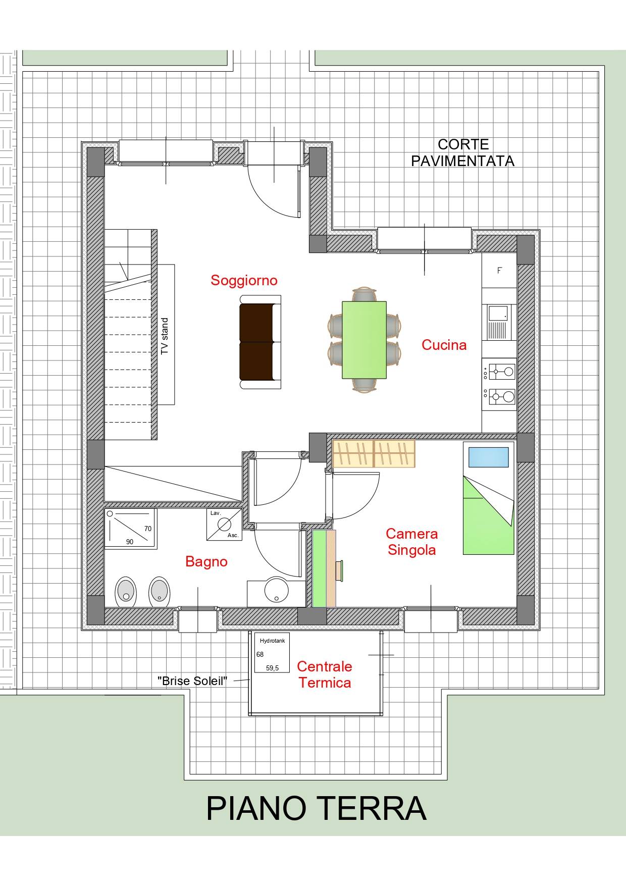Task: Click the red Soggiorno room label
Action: point(244,280)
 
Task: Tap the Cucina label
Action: point(444,345)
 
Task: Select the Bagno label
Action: point(206,561)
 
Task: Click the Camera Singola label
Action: point(411,542)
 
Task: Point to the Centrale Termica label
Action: point(324,674)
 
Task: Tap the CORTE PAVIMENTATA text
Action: point(462,152)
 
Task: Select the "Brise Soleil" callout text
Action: point(192,681)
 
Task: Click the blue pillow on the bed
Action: point(488,457)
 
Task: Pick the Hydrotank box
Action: point(272,653)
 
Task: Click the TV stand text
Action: point(165,336)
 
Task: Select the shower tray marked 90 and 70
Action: point(130,528)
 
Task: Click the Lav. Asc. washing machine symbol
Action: point(224,525)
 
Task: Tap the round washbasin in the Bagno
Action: point(276,589)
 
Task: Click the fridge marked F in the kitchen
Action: point(499,271)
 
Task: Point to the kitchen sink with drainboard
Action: point(499,323)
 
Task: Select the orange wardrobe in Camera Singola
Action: point(374,453)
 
